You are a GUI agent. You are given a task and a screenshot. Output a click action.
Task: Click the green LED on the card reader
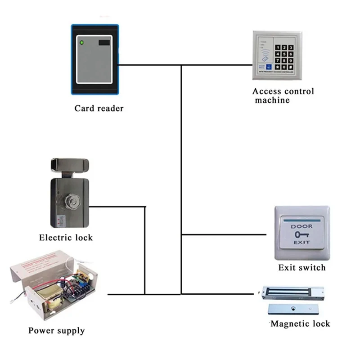click(x=82, y=44)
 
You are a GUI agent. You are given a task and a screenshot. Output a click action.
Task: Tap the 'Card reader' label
click(x=99, y=108)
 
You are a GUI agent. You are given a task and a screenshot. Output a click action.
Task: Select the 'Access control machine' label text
click(x=283, y=95)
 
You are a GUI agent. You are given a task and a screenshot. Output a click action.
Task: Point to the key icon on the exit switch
click(x=301, y=235)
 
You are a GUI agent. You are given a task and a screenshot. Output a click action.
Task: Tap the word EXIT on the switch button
click(x=301, y=243)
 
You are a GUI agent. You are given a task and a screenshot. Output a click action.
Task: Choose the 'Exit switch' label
click(x=301, y=268)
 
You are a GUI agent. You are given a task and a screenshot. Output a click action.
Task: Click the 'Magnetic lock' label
click(x=300, y=324)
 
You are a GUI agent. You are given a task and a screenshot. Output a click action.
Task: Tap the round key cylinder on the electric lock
click(x=72, y=201)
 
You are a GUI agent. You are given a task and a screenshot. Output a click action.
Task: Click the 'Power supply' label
click(x=56, y=331)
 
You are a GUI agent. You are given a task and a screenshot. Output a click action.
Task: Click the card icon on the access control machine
click(x=265, y=58)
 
